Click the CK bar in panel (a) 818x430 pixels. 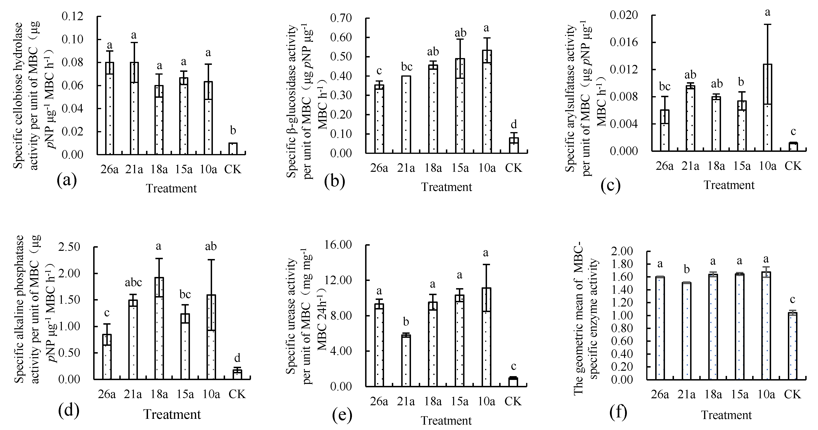[233, 149]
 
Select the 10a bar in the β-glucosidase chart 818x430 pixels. [487, 102]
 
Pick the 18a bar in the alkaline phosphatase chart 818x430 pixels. [159, 328]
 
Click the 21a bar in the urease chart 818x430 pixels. [406, 360]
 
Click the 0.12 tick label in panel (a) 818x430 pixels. [72, 16]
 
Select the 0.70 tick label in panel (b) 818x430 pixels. [341, 18]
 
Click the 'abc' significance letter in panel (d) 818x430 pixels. [133, 282]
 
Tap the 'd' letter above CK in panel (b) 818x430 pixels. [514, 124]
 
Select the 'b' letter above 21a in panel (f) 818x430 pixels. [687, 269]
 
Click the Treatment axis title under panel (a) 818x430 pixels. [171, 189]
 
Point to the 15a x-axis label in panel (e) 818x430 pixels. [459, 401]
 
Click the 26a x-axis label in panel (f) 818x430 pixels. [660, 394]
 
